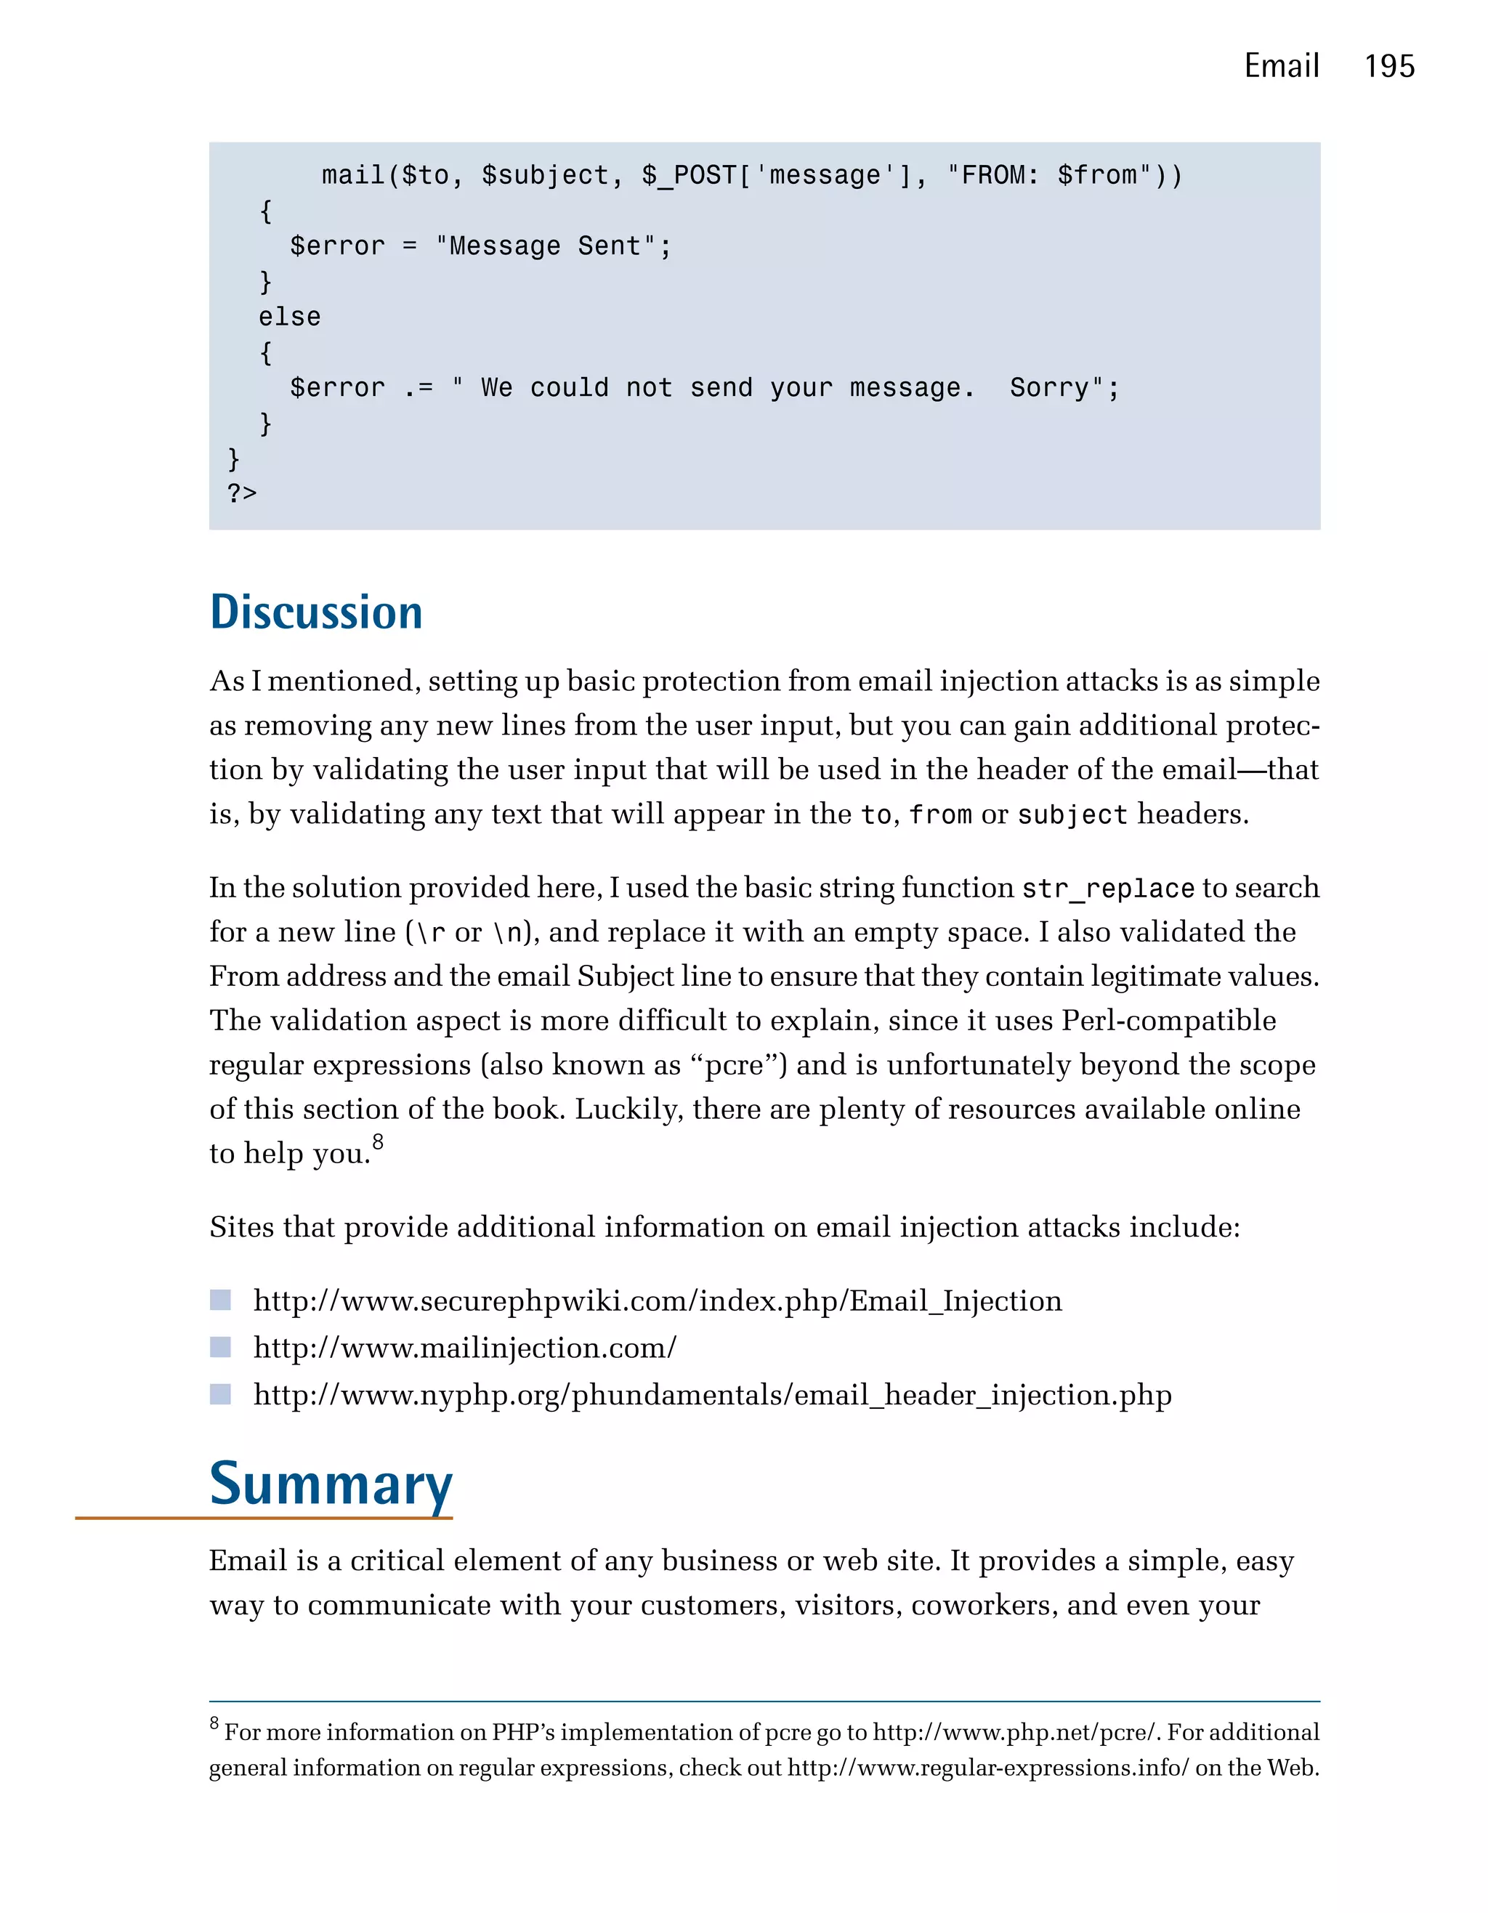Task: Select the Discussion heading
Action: coord(316,612)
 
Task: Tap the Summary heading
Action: coord(331,1484)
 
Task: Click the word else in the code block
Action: coord(289,317)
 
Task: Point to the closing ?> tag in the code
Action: coord(242,494)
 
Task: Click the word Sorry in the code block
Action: coord(1048,388)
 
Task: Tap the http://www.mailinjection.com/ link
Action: coord(464,1348)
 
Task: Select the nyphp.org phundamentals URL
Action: coord(712,1394)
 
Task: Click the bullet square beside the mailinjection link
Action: coord(221,1347)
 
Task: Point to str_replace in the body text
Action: coord(1108,889)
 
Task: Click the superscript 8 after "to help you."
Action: coord(378,1142)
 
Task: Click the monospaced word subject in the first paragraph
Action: coord(1072,815)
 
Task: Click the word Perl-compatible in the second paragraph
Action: coord(1168,1022)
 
